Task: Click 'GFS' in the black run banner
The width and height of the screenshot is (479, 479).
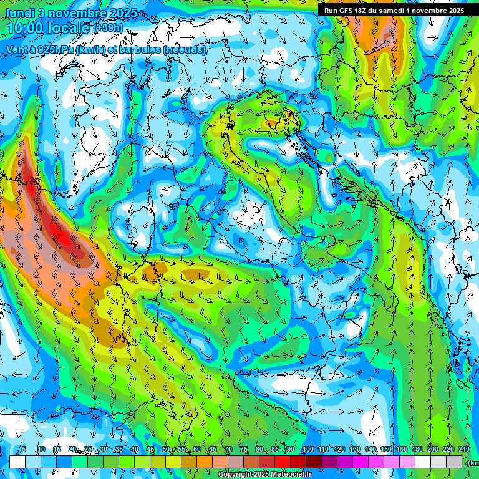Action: [x=346, y=11]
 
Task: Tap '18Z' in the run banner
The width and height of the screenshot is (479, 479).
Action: [x=362, y=11]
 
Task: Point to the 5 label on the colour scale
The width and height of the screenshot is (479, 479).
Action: [x=24, y=450]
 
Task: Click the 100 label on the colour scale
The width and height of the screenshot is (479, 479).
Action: [x=307, y=450]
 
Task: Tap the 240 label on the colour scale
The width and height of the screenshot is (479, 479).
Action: [x=464, y=450]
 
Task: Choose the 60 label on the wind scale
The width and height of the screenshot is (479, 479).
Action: [x=197, y=450]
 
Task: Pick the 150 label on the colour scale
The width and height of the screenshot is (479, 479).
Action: [x=386, y=450]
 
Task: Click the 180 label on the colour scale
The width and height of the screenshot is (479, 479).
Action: [x=417, y=450]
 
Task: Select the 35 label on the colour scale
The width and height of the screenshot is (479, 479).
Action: [x=119, y=450]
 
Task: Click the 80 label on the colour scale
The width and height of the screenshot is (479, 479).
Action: [x=259, y=450]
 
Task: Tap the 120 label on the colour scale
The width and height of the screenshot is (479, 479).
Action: [x=339, y=450]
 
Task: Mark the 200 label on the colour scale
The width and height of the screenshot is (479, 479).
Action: [x=433, y=450]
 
